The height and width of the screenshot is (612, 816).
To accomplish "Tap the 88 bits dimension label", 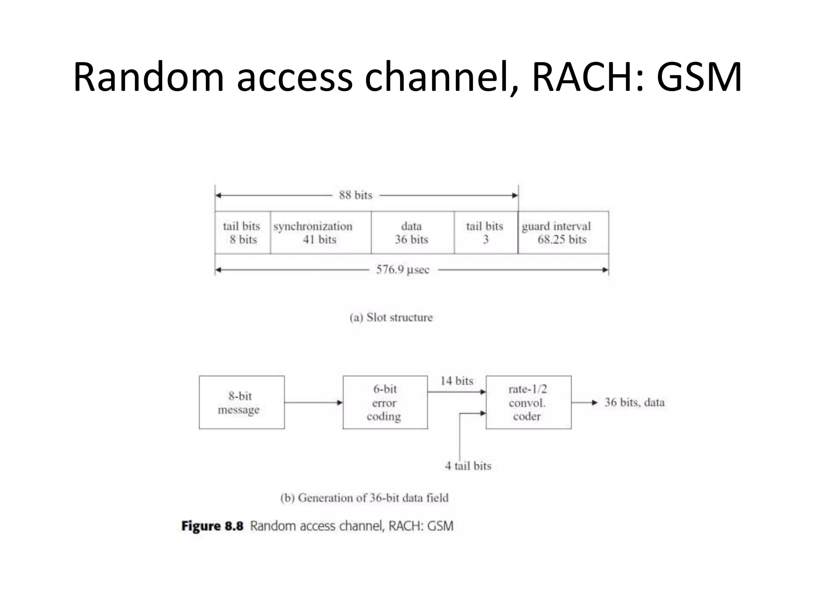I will (355, 195).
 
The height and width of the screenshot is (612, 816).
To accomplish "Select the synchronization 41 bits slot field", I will (320, 233).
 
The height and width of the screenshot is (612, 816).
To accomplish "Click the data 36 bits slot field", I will (412, 233).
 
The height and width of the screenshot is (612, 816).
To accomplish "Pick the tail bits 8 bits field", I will (242, 233).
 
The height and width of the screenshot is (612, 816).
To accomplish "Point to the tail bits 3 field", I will (485, 233).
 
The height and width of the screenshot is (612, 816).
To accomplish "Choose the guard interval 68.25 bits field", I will (563, 233).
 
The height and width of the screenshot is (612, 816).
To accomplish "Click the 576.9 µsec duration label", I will (403, 270).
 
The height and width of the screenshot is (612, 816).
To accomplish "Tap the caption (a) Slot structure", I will (391, 318).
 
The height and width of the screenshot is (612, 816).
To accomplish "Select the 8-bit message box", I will (241, 402).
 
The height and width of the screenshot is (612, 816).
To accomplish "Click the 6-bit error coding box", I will (385, 402).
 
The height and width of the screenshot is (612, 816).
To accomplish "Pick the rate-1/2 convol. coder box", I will (528, 402).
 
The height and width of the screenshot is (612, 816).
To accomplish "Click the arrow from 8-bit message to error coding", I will (313, 402).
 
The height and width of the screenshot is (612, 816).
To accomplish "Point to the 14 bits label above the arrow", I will (457, 381).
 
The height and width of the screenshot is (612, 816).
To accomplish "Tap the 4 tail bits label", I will (468, 466).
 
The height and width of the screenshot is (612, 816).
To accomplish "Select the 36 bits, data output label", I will (634, 402).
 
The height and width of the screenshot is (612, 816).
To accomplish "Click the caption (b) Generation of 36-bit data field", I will (364, 498).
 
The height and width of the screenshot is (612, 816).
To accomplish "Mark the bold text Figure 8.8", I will (212, 526).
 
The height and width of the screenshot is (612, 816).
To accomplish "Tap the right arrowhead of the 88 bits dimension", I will (515, 195).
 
